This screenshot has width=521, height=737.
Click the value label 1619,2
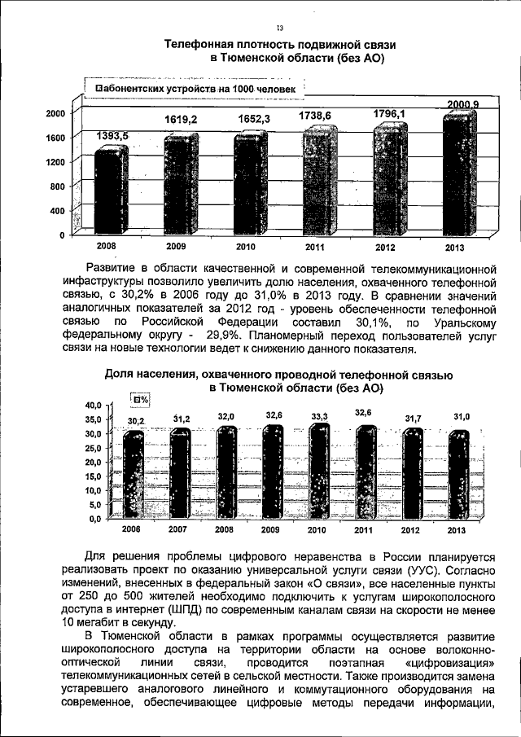(x=182, y=119)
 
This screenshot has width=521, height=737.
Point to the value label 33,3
(x=319, y=417)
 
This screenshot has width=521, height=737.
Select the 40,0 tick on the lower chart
(x=90, y=405)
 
